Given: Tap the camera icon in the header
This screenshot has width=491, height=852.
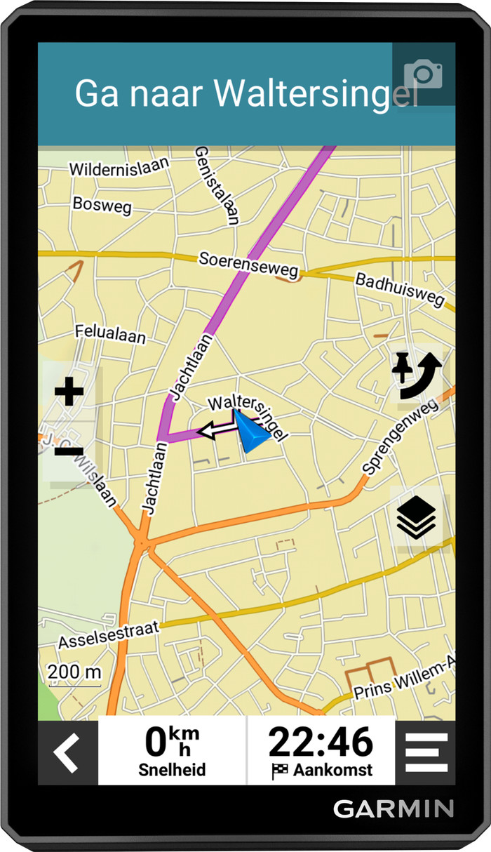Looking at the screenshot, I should pos(423,74).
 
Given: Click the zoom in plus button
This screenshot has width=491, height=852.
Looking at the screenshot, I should pos(69,392).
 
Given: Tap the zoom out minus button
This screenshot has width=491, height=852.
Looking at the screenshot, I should pos(69,451).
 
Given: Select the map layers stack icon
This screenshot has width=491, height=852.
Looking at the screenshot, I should pos(416,517).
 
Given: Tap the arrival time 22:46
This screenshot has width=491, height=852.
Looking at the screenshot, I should pos(321,743).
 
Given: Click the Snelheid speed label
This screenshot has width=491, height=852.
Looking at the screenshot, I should pos(172,770).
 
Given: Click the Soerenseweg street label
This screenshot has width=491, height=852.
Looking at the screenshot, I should pos(248,264).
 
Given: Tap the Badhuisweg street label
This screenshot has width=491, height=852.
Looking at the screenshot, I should pos(400,288).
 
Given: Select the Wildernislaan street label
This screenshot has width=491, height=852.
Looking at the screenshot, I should pos(119,167).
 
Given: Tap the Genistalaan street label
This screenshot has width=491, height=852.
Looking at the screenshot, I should pos(217,185).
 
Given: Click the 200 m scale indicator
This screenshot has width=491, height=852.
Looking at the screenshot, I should pos(74,672).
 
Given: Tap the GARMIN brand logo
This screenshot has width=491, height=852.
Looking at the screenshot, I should pos(393,808).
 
